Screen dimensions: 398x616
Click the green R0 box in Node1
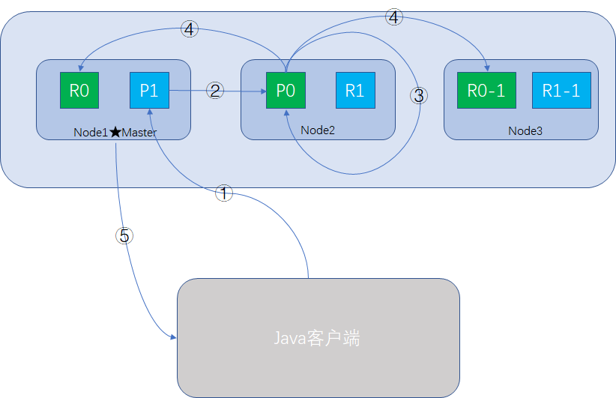(x=79, y=91)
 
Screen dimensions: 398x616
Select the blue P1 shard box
(x=149, y=91)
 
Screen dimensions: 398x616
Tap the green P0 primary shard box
(x=286, y=91)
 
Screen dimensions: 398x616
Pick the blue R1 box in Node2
(x=355, y=91)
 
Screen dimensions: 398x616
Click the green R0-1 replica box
(x=486, y=91)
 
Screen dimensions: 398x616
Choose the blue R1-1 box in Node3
(x=561, y=91)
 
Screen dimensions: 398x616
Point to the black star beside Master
(x=115, y=133)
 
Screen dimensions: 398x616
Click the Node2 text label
(x=318, y=130)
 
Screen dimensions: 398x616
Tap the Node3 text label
(x=525, y=131)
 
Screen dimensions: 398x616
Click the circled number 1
(x=224, y=193)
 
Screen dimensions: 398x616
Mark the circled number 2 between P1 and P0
(x=216, y=91)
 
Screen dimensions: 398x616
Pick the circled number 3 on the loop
(x=419, y=95)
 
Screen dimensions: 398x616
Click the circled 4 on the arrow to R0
(x=190, y=30)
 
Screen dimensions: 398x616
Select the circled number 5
(x=124, y=235)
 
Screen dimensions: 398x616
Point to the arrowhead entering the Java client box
(x=172, y=339)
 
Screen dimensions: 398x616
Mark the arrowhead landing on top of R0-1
(x=487, y=69)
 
